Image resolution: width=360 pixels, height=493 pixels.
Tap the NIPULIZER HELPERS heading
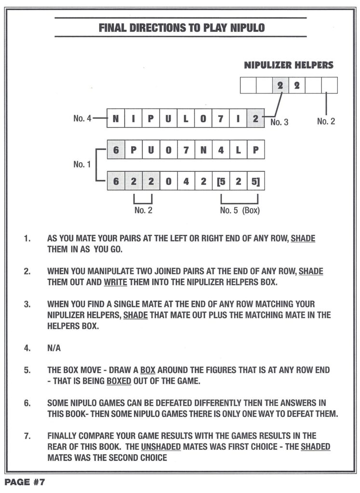(288, 65)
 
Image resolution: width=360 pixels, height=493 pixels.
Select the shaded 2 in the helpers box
(280, 85)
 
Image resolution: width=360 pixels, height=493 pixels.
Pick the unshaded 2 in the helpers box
(297, 85)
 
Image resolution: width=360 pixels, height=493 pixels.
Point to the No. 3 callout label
(279, 123)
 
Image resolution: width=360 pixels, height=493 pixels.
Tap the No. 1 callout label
(82, 165)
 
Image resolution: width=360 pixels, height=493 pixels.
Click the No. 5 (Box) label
(240, 210)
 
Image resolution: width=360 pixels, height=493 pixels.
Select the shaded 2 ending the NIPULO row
(255, 118)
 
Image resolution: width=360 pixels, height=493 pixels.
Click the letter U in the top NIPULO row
(168, 118)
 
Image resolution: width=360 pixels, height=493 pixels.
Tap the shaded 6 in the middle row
(116, 150)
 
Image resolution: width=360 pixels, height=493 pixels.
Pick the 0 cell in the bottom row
(168, 182)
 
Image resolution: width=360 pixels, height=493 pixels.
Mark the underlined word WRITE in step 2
(115, 282)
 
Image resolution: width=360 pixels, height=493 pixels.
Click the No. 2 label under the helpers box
(326, 121)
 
